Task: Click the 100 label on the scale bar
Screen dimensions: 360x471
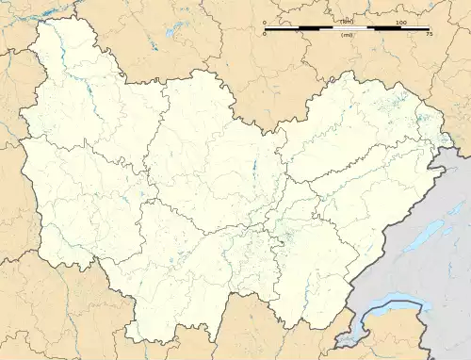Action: click(400, 22)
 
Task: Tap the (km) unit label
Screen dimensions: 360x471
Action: click(348, 22)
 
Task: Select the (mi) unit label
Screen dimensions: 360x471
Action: click(348, 35)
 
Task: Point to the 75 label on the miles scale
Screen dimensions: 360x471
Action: click(429, 35)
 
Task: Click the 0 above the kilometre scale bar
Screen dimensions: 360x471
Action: click(265, 22)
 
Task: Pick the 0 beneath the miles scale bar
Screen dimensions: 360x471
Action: click(265, 35)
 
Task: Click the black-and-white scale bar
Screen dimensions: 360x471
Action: click(347, 28)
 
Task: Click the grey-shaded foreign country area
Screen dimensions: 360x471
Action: click(414, 273)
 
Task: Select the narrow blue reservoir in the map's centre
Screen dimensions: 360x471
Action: click(253, 171)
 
